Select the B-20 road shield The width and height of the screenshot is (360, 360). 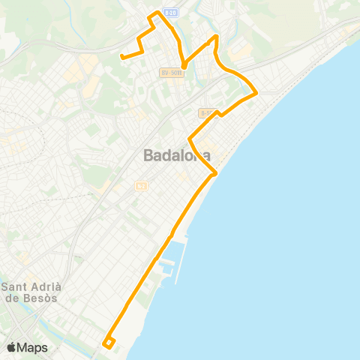pyautogui.click(x=171, y=13)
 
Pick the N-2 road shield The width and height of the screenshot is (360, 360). pyautogui.click(x=140, y=185)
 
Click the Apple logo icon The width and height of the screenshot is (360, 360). pyautogui.click(x=12, y=347)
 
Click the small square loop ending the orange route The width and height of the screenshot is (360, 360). pyautogui.click(x=109, y=342)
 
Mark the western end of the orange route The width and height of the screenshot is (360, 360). pyautogui.click(x=121, y=55)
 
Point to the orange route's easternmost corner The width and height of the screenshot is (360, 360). pyautogui.click(x=256, y=93)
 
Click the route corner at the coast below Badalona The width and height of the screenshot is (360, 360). pyautogui.click(x=216, y=173)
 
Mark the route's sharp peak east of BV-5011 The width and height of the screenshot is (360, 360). pyautogui.click(x=217, y=36)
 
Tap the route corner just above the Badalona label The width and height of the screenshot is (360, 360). pyautogui.click(x=190, y=139)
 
